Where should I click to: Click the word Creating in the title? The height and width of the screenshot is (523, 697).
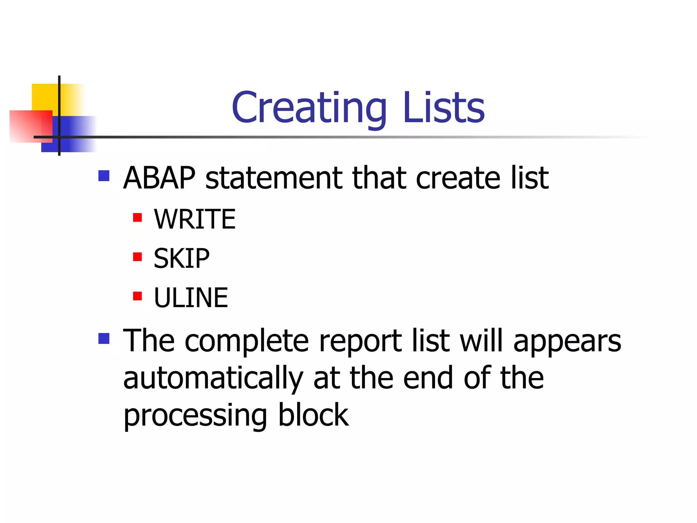[309, 108]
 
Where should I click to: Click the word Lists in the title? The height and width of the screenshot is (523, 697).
[443, 108]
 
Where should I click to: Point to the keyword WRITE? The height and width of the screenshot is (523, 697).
[195, 219]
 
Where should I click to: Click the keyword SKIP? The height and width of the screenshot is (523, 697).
[181, 258]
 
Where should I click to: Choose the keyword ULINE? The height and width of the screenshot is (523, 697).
[191, 298]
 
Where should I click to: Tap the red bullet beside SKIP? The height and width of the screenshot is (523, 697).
[137, 257]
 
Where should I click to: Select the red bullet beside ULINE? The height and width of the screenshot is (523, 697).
[137, 296]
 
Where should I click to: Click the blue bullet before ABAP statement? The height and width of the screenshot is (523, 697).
[104, 176]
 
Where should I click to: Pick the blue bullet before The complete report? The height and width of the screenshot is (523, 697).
[104, 338]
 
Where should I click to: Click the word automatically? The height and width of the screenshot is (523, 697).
[213, 378]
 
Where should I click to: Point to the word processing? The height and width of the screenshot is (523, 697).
[195, 416]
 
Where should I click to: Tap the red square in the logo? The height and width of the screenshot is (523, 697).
[27, 126]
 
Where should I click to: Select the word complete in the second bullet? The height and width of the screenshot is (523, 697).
[246, 342]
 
